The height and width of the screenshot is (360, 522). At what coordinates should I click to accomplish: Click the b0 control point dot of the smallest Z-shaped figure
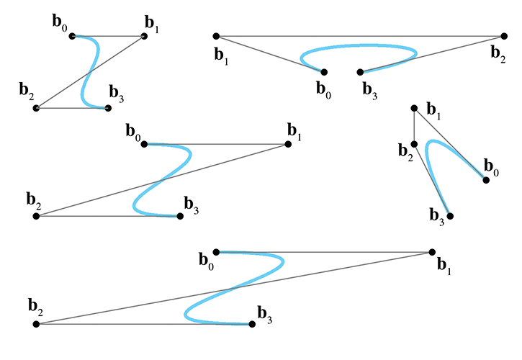(x=72, y=36)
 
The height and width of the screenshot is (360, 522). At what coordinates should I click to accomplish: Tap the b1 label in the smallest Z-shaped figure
(x=152, y=28)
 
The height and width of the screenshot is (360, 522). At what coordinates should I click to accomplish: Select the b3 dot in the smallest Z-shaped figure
(x=108, y=108)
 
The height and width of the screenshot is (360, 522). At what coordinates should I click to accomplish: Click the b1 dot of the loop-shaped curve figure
(x=216, y=36)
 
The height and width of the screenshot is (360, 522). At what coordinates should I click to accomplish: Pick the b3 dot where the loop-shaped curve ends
(x=360, y=72)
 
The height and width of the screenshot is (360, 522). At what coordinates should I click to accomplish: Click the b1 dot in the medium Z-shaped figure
(x=288, y=144)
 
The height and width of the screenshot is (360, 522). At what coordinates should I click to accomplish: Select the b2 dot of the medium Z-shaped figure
(x=36, y=216)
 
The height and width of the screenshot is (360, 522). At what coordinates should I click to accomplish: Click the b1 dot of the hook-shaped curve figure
(x=414, y=108)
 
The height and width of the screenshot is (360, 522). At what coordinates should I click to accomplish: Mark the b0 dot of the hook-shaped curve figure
(x=486, y=180)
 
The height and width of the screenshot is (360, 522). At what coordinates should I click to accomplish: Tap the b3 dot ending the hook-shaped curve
(x=450, y=216)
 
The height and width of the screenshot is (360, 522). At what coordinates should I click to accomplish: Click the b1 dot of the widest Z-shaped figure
(x=432, y=252)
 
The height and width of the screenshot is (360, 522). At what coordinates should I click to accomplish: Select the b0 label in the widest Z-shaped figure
(x=205, y=260)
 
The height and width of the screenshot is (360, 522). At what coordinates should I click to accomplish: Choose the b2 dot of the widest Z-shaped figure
(x=36, y=324)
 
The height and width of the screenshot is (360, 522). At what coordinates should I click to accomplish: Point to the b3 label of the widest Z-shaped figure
(x=265, y=314)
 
